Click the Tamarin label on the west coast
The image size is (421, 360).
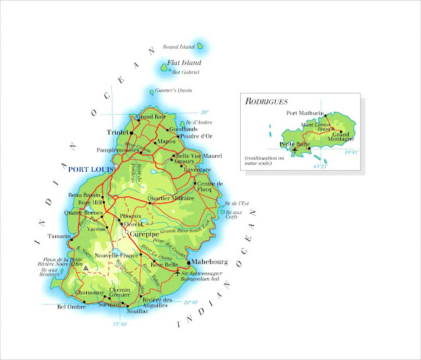(59, 236)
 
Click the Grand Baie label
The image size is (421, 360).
(150, 117)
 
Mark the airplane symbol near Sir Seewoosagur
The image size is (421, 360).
(178, 272)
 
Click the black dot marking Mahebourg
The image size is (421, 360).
(188, 262)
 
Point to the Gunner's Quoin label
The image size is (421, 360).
(174, 90)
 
